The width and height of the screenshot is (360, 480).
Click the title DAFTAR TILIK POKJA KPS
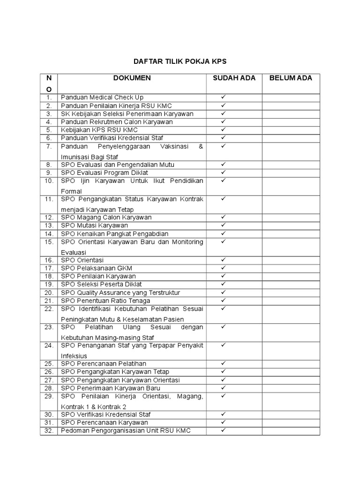pos(180,61)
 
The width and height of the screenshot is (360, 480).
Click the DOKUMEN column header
pos(132,78)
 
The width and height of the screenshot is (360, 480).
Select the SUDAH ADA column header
pos(234,78)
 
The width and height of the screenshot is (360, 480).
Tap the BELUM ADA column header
pos(291,78)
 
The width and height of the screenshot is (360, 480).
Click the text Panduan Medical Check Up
pos(102,97)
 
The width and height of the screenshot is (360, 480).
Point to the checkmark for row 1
pos(224,97)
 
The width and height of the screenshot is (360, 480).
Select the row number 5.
pos(48,130)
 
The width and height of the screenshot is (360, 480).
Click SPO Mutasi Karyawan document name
pos(94,225)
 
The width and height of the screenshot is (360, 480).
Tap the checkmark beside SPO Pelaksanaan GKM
pos(224,268)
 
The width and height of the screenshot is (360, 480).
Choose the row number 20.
pos(48,292)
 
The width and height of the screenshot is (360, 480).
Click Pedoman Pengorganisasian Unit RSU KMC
pos(126,431)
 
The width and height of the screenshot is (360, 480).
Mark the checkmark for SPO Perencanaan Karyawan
pos(224,422)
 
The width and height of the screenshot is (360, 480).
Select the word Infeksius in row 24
pos(74,356)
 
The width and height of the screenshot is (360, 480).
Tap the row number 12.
pos(48,217)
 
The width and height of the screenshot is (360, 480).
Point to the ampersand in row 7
pos(201,146)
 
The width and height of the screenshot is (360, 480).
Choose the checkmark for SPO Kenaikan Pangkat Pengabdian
pos(224,233)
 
